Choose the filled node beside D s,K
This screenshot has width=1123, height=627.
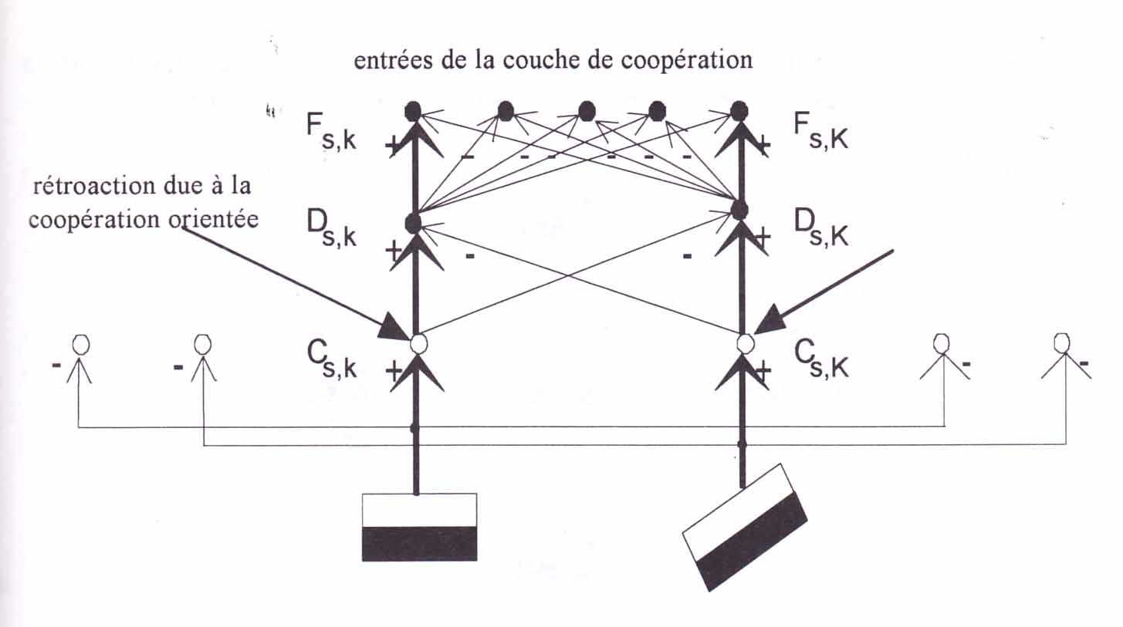click(x=739, y=209)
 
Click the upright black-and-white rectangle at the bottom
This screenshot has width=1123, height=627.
click(x=419, y=527)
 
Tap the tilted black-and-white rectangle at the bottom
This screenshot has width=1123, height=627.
click(x=745, y=527)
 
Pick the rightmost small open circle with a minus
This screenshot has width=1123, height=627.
click(x=1063, y=341)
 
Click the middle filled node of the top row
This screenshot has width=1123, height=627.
click(x=587, y=113)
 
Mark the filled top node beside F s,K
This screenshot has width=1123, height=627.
click(x=739, y=111)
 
